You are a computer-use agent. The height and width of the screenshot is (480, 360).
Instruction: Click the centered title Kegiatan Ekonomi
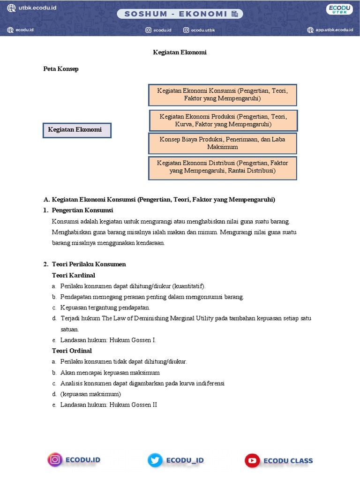[x=180, y=52]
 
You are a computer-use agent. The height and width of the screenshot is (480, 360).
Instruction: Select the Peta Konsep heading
[x=61, y=69]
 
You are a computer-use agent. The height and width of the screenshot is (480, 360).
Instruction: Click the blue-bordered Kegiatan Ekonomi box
[x=77, y=130]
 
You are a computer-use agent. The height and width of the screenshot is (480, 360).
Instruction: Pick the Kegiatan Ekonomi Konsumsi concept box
[x=223, y=95]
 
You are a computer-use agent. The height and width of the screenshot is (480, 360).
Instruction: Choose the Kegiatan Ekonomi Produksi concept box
[x=223, y=120]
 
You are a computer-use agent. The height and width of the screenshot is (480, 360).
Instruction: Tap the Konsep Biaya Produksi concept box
[x=223, y=143]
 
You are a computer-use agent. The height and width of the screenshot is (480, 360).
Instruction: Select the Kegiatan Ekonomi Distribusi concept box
[x=223, y=167]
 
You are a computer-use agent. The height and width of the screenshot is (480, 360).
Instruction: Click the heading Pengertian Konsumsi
[x=82, y=210]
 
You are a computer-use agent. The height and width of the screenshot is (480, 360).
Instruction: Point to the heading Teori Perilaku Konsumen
[x=89, y=264]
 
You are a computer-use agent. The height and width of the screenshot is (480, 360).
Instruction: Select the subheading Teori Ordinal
[x=72, y=351]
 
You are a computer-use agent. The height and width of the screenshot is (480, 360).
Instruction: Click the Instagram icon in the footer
[x=55, y=460]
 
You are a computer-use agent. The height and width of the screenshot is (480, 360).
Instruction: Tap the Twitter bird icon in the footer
[x=155, y=460]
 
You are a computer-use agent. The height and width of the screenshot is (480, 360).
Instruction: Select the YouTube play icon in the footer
[x=252, y=460]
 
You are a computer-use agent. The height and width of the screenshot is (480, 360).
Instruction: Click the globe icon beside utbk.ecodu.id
[x=11, y=8]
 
